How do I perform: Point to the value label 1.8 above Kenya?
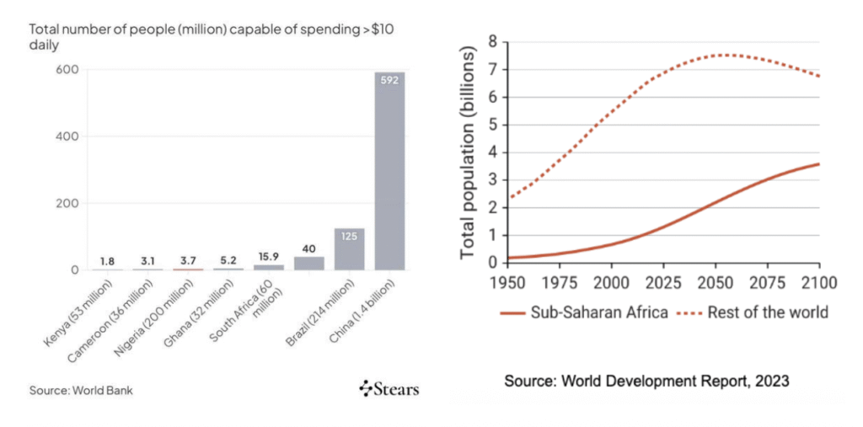click(x=107, y=260)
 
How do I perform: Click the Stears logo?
click(x=389, y=389)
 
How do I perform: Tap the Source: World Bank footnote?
click(x=81, y=390)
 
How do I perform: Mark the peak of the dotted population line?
click(x=723, y=56)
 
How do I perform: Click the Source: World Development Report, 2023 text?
click(x=646, y=382)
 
